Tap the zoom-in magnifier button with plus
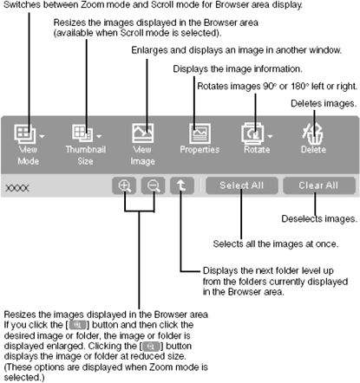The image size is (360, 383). [125, 185]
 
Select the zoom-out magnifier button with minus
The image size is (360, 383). [154, 185]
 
